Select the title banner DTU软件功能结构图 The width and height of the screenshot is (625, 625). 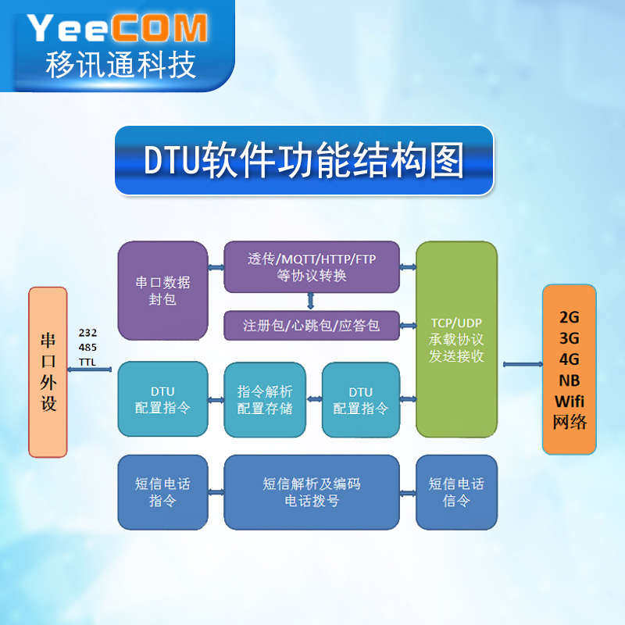click(x=304, y=159)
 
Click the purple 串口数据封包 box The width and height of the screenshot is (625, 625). click(x=162, y=290)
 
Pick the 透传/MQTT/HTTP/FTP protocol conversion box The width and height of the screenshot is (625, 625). click(x=311, y=266)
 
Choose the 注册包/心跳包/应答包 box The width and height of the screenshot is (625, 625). click(x=311, y=325)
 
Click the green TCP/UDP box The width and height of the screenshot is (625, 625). click(x=457, y=339)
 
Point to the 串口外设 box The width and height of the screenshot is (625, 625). click(x=48, y=372)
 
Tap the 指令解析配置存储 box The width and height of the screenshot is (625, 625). click(x=264, y=399)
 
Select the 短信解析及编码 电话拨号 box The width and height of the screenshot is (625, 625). click(x=311, y=492)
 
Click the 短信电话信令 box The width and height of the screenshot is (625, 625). click(x=456, y=492)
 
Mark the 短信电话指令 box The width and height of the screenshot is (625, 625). click(x=162, y=492)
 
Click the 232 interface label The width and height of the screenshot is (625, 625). click(x=87, y=333)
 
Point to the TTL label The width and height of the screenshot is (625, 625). click(x=87, y=362)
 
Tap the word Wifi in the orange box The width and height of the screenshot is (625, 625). click(x=569, y=401)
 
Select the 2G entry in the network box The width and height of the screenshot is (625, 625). click(x=569, y=318)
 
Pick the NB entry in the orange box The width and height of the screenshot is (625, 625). click(x=569, y=380)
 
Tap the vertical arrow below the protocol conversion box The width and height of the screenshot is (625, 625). click(x=311, y=301)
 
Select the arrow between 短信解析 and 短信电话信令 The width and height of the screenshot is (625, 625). click(x=407, y=492)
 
